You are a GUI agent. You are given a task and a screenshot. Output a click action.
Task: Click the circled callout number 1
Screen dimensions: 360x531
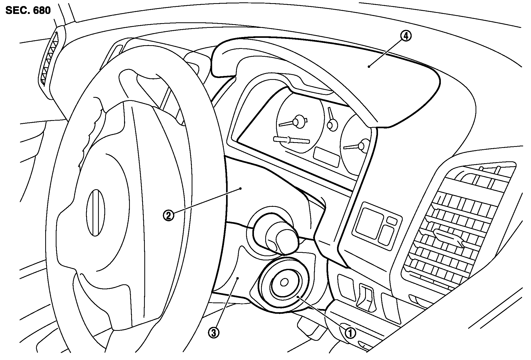350,333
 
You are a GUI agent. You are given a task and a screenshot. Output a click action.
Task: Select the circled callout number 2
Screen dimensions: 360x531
169,216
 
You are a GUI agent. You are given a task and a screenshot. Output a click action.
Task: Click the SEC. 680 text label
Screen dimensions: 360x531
28,11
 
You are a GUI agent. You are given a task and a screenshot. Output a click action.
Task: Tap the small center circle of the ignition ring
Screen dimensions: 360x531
284,282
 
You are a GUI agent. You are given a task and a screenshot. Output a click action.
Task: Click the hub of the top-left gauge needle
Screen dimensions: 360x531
298,121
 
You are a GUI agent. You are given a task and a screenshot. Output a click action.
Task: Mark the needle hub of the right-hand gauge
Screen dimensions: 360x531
364,146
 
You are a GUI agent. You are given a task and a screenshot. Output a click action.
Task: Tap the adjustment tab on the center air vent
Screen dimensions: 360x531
448,237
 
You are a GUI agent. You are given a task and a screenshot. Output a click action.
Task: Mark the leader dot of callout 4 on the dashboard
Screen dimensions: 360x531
369,66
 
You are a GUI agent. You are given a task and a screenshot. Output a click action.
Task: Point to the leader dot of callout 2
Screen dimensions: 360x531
241,188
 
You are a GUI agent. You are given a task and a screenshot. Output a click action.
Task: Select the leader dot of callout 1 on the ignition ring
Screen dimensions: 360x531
298,297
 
